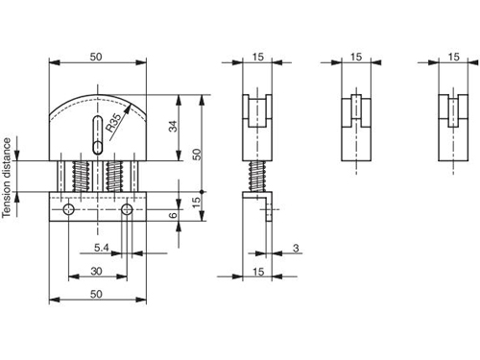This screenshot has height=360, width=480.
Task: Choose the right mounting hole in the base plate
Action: point(127,209)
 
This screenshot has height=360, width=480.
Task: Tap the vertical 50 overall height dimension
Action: point(197,154)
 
